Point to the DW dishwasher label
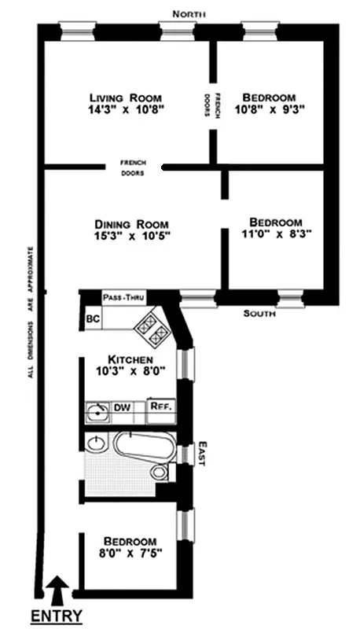(122, 408)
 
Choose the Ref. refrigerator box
(160, 407)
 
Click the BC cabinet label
(92, 320)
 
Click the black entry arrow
(58, 587)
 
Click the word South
(260, 313)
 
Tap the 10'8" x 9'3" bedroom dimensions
(269, 110)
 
